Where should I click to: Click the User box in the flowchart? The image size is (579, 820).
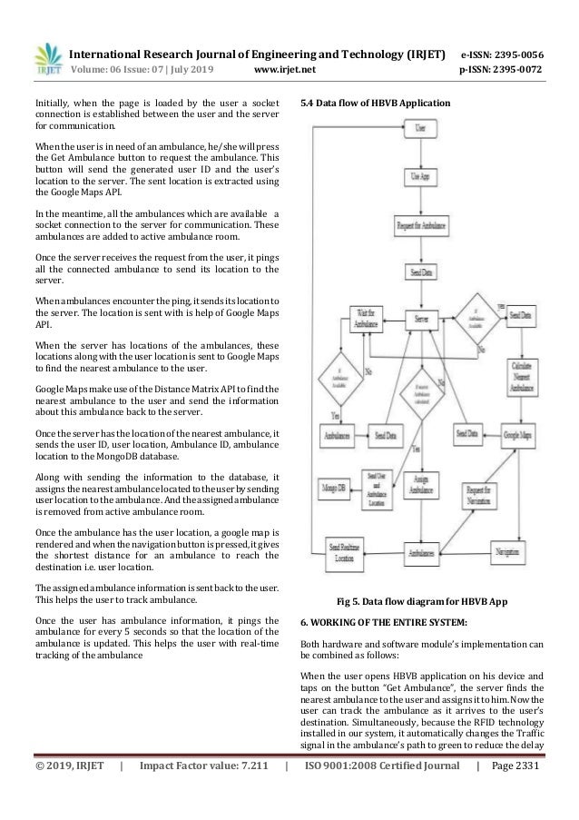[419, 129]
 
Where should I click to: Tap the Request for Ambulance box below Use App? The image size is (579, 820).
[419, 223]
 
